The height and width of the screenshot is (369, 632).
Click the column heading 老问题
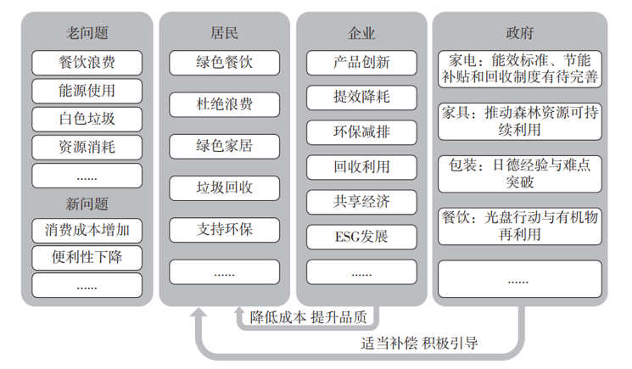(87, 33)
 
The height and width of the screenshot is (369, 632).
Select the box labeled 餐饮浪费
(87, 62)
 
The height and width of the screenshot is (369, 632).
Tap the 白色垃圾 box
(87, 118)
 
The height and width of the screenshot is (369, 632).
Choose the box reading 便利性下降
(87, 257)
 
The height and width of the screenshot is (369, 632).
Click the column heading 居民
(224, 33)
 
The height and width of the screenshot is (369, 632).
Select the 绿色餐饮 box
(224, 63)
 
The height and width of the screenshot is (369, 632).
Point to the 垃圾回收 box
(224, 187)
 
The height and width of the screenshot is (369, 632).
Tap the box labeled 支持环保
(224, 229)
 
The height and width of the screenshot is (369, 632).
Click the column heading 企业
(361, 33)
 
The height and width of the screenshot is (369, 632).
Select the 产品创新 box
(361, 62)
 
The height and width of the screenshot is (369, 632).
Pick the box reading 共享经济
(361, 201)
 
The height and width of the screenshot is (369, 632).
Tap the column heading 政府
(519, 33)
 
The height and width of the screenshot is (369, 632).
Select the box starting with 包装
(519, 172)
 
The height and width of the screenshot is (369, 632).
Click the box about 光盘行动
(519, 225)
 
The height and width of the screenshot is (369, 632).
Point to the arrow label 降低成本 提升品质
(309, 317)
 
